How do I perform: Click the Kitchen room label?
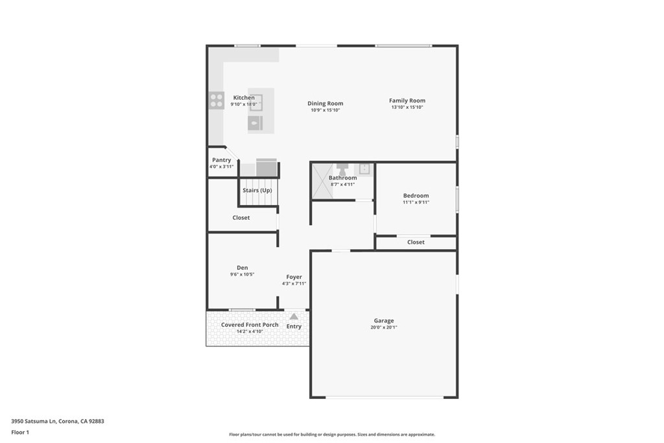[244, 98]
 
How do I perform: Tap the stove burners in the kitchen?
[217, 101]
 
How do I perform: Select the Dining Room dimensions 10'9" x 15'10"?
[326, 110]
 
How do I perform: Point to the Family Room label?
[407, 101]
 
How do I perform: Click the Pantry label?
[222, 160]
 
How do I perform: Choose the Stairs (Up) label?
[257, 190]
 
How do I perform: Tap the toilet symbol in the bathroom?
[342, 169]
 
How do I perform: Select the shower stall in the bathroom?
[323, 181]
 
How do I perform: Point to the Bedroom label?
[416, 196]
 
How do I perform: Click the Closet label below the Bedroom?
[416, 242]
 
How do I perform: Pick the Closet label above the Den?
[241, 218]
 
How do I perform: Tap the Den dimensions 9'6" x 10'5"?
[243, 274]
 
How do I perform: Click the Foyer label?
[294, 277]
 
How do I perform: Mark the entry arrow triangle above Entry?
[294, 317]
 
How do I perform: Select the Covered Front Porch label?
[250, 325]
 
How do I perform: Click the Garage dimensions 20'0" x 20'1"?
[384, 328]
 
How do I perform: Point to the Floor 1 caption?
[20, 433]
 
